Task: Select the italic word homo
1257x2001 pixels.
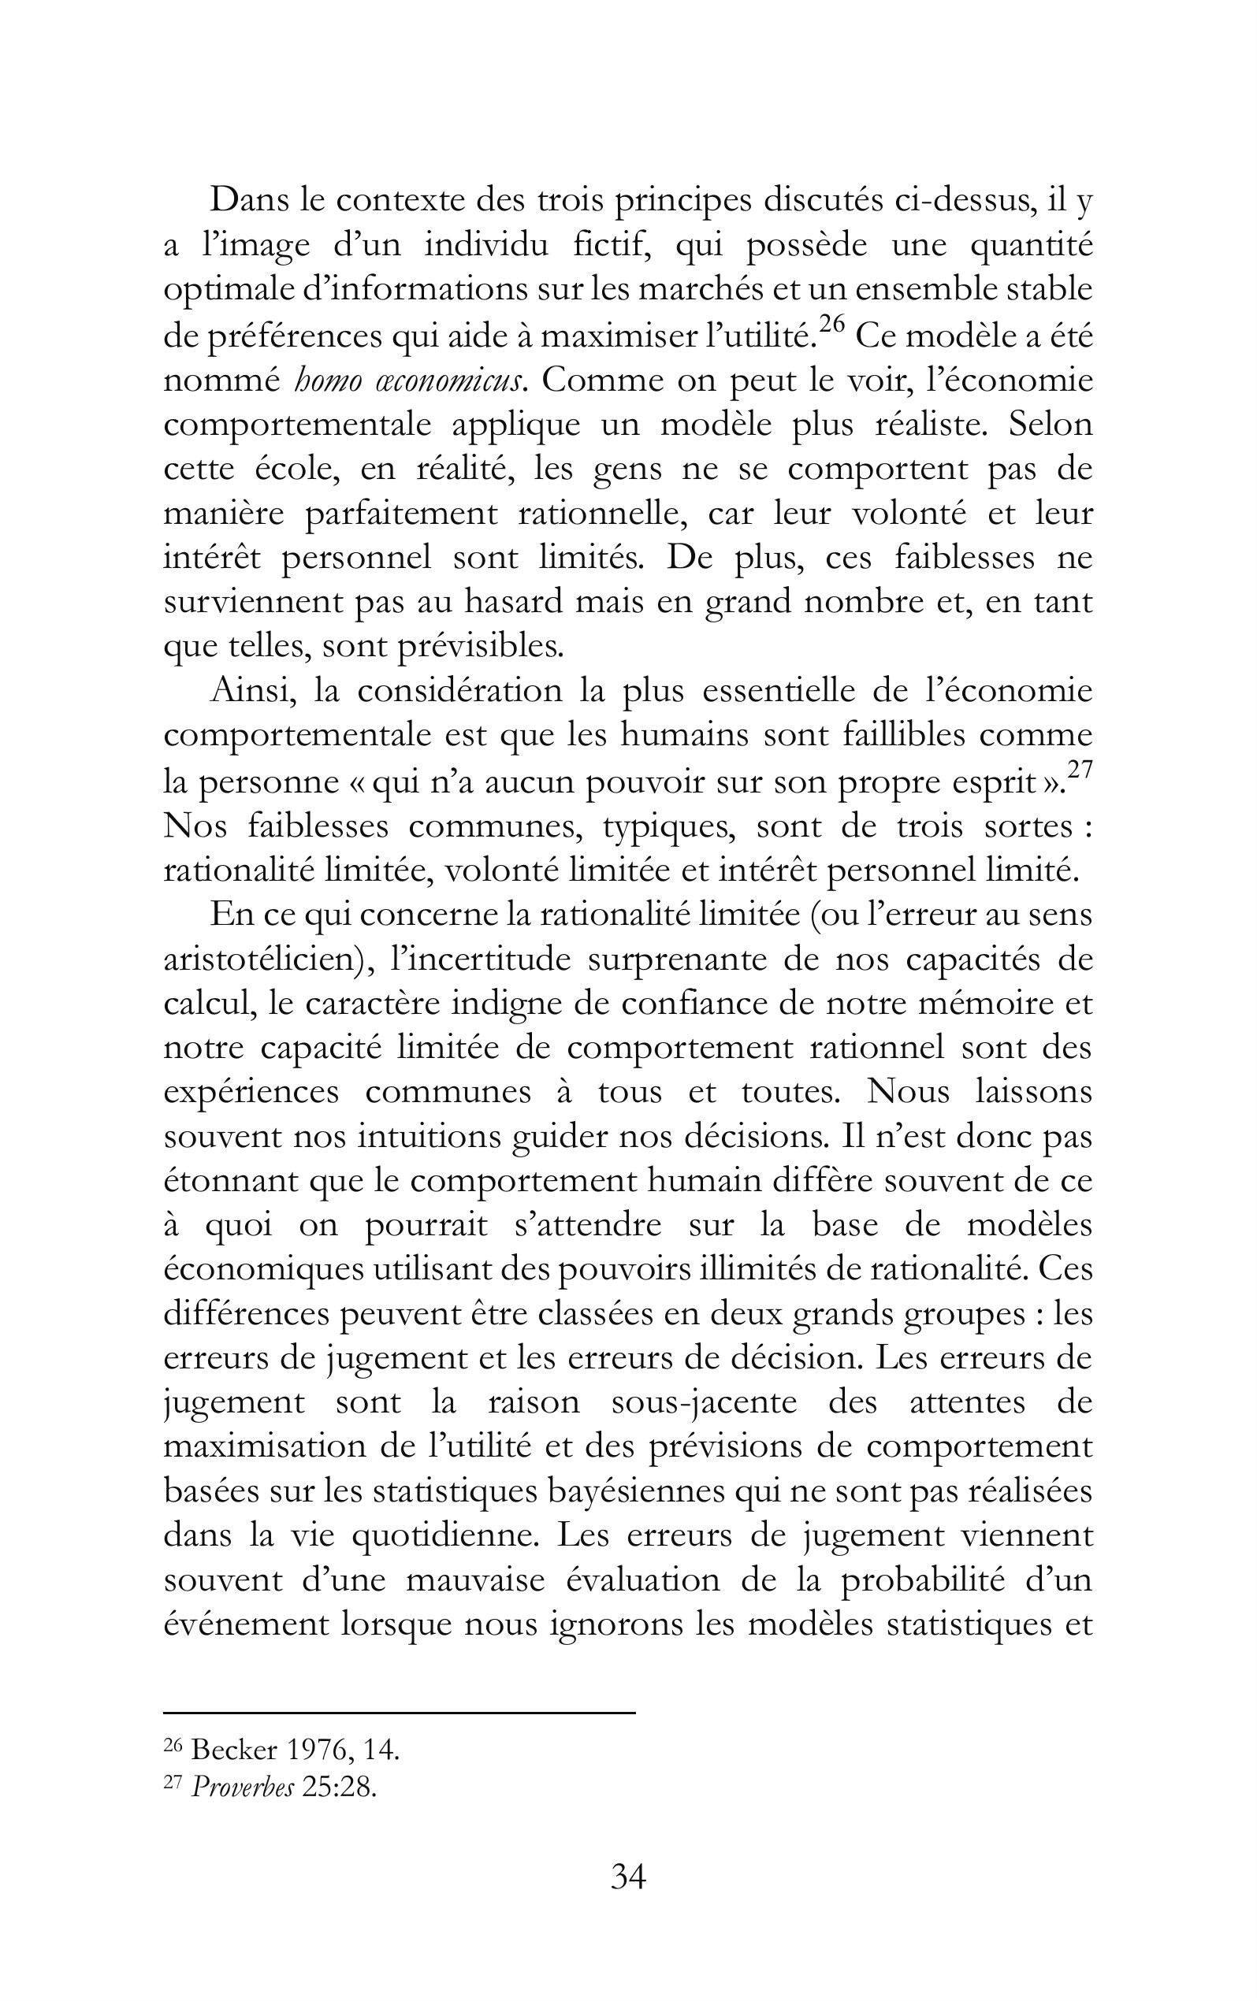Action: tap(320, 381)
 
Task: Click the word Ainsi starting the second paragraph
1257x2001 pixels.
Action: tap(253, 692)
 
